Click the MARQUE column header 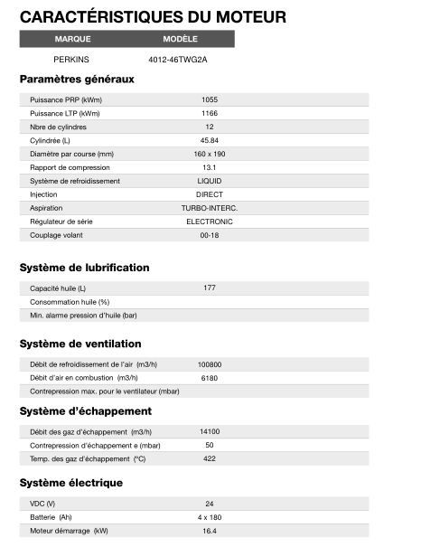(72, 39)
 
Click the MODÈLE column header (180, 39)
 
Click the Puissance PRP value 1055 (209, 99)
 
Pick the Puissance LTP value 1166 (209, 113)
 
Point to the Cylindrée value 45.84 (209, 140)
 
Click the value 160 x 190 (209, 154)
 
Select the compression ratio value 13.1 (209, 167)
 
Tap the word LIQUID (209, 181)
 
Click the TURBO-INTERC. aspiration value (209, 208)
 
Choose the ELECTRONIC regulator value (209, 222)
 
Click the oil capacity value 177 (209, 288)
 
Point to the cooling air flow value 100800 (209, 364)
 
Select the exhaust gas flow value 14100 (209, 431)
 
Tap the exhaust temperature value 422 (209, 458)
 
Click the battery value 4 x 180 (209, 517)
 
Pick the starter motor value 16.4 (209, 531)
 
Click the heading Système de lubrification (84, 268)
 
